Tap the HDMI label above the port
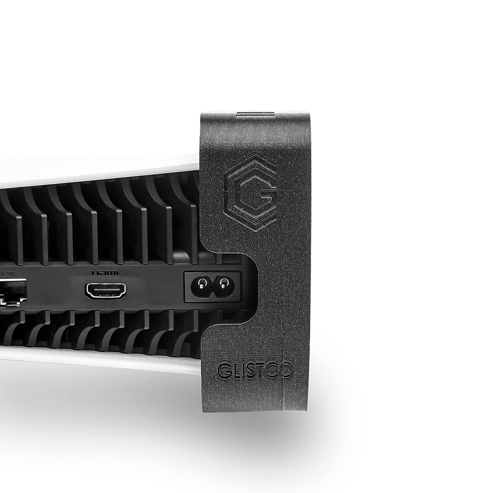pos(105,273)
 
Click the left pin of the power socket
pos(202,283)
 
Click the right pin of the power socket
pos(223,283)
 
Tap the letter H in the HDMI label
pos(95,273)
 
